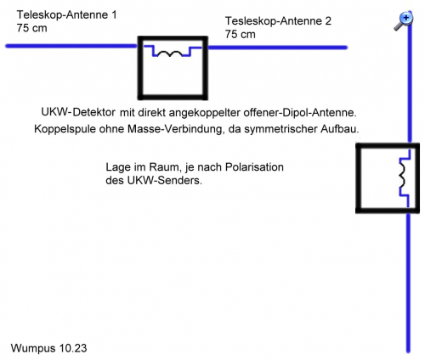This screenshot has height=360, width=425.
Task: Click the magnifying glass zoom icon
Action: point(404,21)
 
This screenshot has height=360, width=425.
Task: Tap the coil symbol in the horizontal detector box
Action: point(170,53)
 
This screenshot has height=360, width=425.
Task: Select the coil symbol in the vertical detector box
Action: point(402,176)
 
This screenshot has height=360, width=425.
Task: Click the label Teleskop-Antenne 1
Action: point(66,14)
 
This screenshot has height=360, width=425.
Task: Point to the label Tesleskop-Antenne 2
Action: point(278,21)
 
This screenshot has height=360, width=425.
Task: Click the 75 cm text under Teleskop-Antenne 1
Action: point(31,28)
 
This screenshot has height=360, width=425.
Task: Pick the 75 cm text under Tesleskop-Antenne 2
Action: point(241,34)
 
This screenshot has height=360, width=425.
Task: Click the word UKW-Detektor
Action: point(78,112)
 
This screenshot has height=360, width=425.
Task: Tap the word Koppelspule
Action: point(65,129)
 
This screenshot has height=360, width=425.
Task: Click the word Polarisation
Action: point(254,167)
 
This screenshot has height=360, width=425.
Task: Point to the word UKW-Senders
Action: point(165,180)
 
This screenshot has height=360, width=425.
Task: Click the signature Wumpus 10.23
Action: point(48,348)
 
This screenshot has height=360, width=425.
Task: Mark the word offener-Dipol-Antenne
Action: point(300,113)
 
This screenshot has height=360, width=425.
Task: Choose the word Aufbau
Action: point(340,129)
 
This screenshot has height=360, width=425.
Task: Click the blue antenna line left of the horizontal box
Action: point(72,46)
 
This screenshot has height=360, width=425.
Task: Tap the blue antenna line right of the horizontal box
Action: point(278,48)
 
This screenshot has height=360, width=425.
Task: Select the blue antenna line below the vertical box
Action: point(408,283)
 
